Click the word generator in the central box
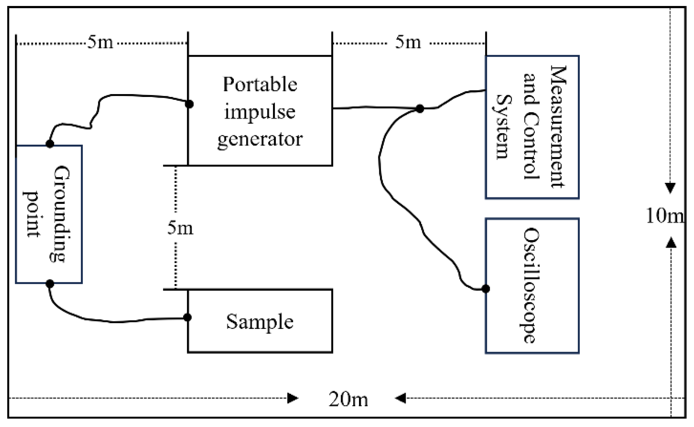(x=260, y=139)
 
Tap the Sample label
(x=260, y=322)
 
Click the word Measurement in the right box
(x=558, y=126)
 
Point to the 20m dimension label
(x=348, y=399)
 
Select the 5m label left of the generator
(x=100, y=42)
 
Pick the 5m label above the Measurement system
(x=408, y=42)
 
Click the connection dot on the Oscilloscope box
(x=486, y=289)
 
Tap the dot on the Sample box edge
(x=187, y=317)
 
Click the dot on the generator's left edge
(x=189, y=104)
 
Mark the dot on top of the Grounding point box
(x=50, y=144)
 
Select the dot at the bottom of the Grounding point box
(x=50, y=284)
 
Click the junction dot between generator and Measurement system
(x=420, y=109)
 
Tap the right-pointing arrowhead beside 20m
(x=293, y=398)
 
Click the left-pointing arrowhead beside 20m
(x=400, y=398)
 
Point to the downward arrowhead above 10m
(x=670, y=188)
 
